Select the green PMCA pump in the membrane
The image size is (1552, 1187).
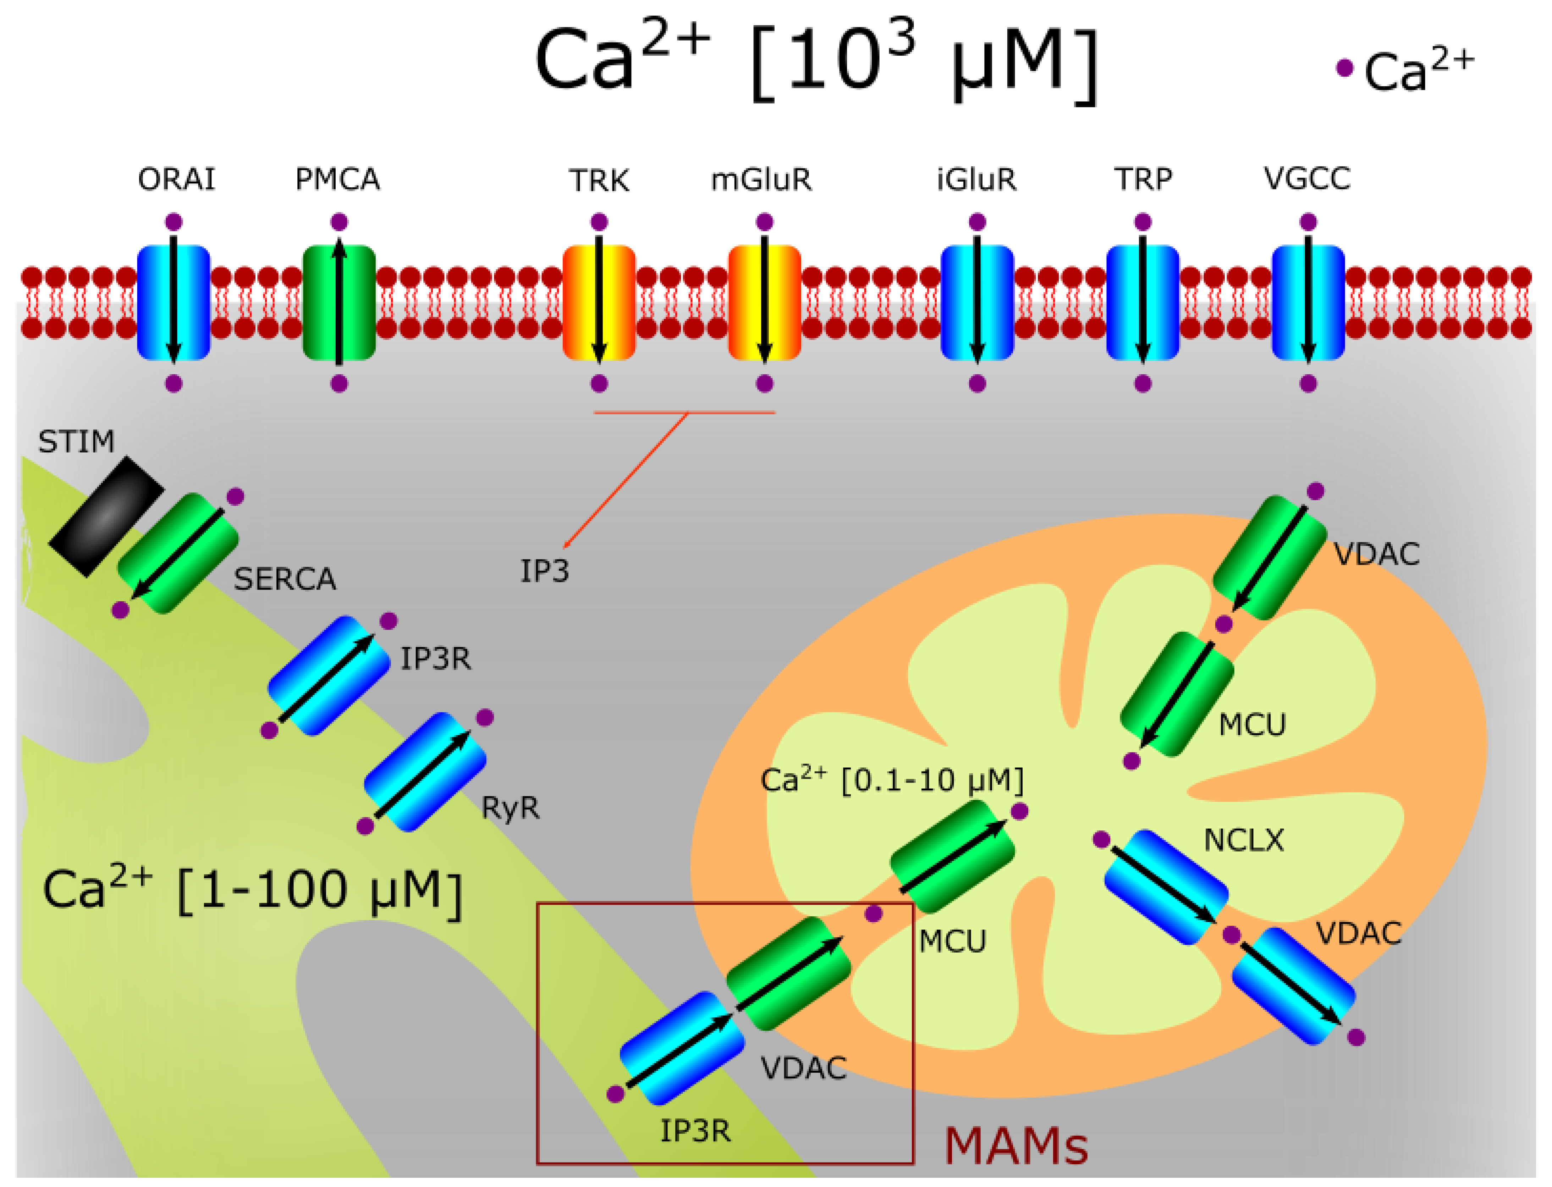(x=339, y=302)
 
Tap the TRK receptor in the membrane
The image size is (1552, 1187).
(x=599, y=302)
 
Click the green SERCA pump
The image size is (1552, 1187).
(x=178, y=553)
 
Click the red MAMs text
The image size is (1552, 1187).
(x=1016, y=1146)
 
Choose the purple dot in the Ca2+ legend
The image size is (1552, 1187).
(x=1344, y=68)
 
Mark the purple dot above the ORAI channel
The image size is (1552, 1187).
(x=174, y=222)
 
